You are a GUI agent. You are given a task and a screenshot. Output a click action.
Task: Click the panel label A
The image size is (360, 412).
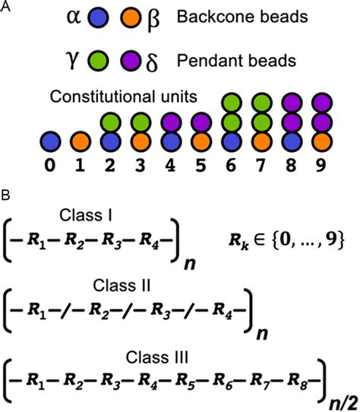(x=7, y=7)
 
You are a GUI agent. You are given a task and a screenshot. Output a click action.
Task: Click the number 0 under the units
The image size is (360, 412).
(x=51, y=163)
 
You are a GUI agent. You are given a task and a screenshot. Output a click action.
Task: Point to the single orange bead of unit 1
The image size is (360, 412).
(x=81, y=142)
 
